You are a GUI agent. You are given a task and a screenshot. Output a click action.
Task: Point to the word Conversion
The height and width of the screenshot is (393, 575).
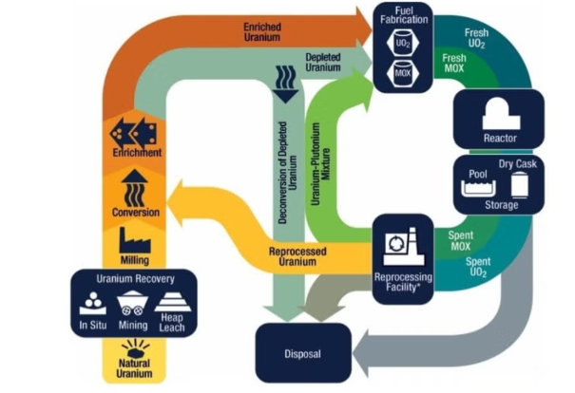pos(134,212)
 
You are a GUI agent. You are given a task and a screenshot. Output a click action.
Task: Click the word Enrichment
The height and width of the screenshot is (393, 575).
pos(134,152)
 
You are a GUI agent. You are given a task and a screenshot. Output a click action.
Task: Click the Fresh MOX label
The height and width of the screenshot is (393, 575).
pos(453,64)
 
